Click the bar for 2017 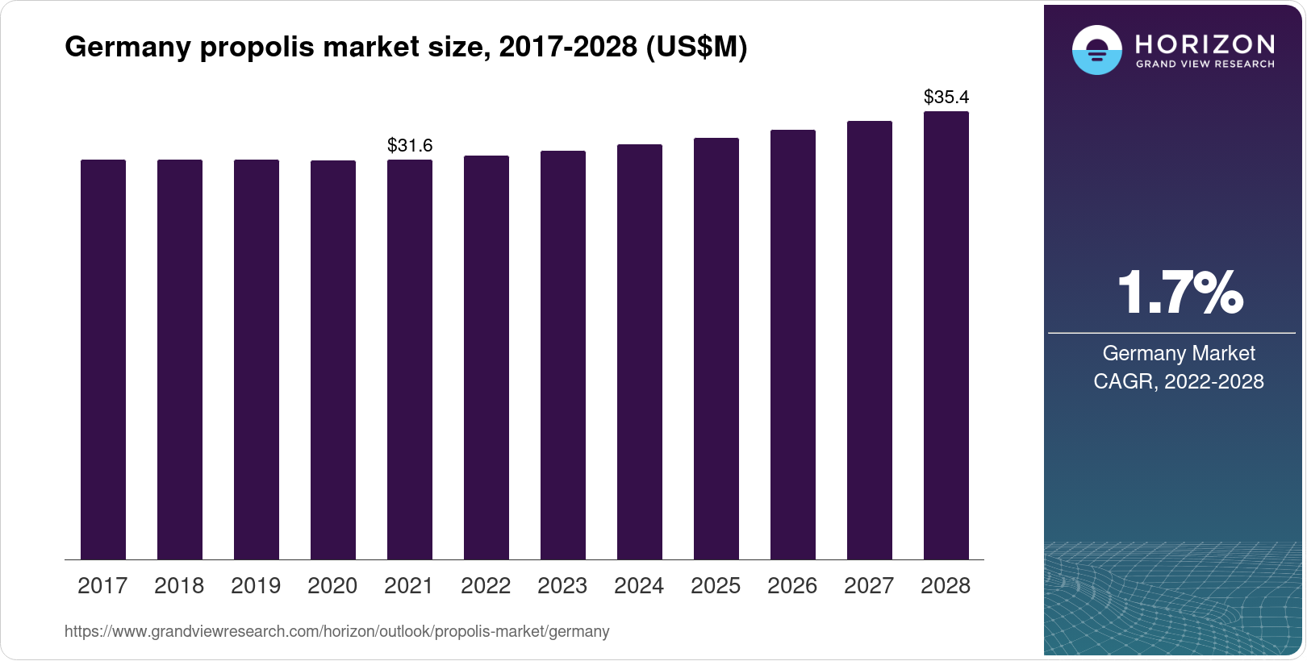[103, 360]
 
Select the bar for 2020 [333, 360]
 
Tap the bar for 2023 [563, 355]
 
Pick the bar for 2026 [793, 344]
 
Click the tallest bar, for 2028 [946, 335]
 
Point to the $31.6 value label [410, 145]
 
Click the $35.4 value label [946, 98]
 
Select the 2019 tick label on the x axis [256, 586]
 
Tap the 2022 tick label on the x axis [486, 586]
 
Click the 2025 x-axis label [716, 586]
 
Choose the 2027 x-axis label [869, 586]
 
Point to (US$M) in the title [696, 48]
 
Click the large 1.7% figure [1180, 293]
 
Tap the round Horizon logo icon [1096, 50]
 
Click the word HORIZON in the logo [1205, 44]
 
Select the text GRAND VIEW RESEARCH [1205, 64]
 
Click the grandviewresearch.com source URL [336, 632]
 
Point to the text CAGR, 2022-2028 [1179, 381]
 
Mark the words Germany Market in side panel [1179, 353]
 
